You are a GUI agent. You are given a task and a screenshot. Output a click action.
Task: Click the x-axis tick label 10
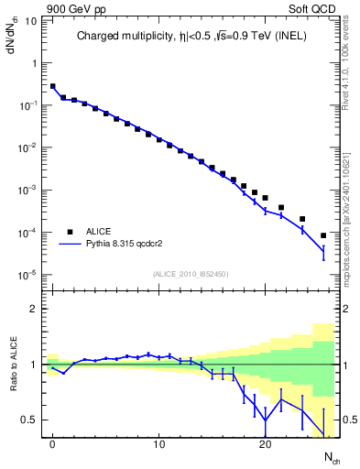pyautogui.click(x=158, y=442)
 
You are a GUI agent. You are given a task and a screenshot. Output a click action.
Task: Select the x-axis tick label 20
pyautogui.click(x=265, y=442)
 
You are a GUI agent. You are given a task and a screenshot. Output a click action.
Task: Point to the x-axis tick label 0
pyautogui.click(x=53, y=442)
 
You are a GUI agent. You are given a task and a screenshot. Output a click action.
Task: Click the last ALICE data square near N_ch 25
pyautogui.click(x=322, y=235)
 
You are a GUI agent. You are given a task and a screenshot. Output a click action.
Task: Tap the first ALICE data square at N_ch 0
pyautogui.click(x=53, y=86)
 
